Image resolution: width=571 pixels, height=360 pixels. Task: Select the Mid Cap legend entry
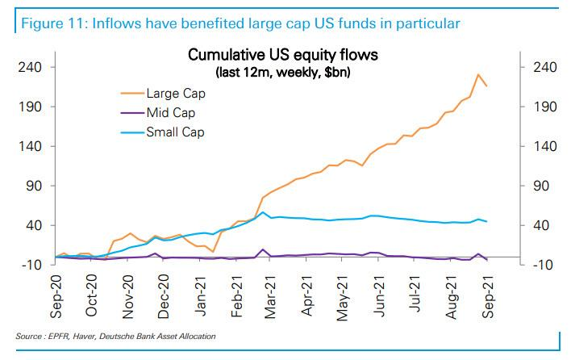(x=170, y=112)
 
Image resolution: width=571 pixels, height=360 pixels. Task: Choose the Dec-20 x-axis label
(x=164, y=296)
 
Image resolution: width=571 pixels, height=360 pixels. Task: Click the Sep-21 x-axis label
(x=488, y=296)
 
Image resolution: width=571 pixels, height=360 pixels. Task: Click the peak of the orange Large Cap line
(x=478, y=75)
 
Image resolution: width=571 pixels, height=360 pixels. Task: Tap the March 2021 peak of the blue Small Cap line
(x=263, y=212)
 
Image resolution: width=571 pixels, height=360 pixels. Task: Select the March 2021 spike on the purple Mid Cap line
(x=263, y=249)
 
